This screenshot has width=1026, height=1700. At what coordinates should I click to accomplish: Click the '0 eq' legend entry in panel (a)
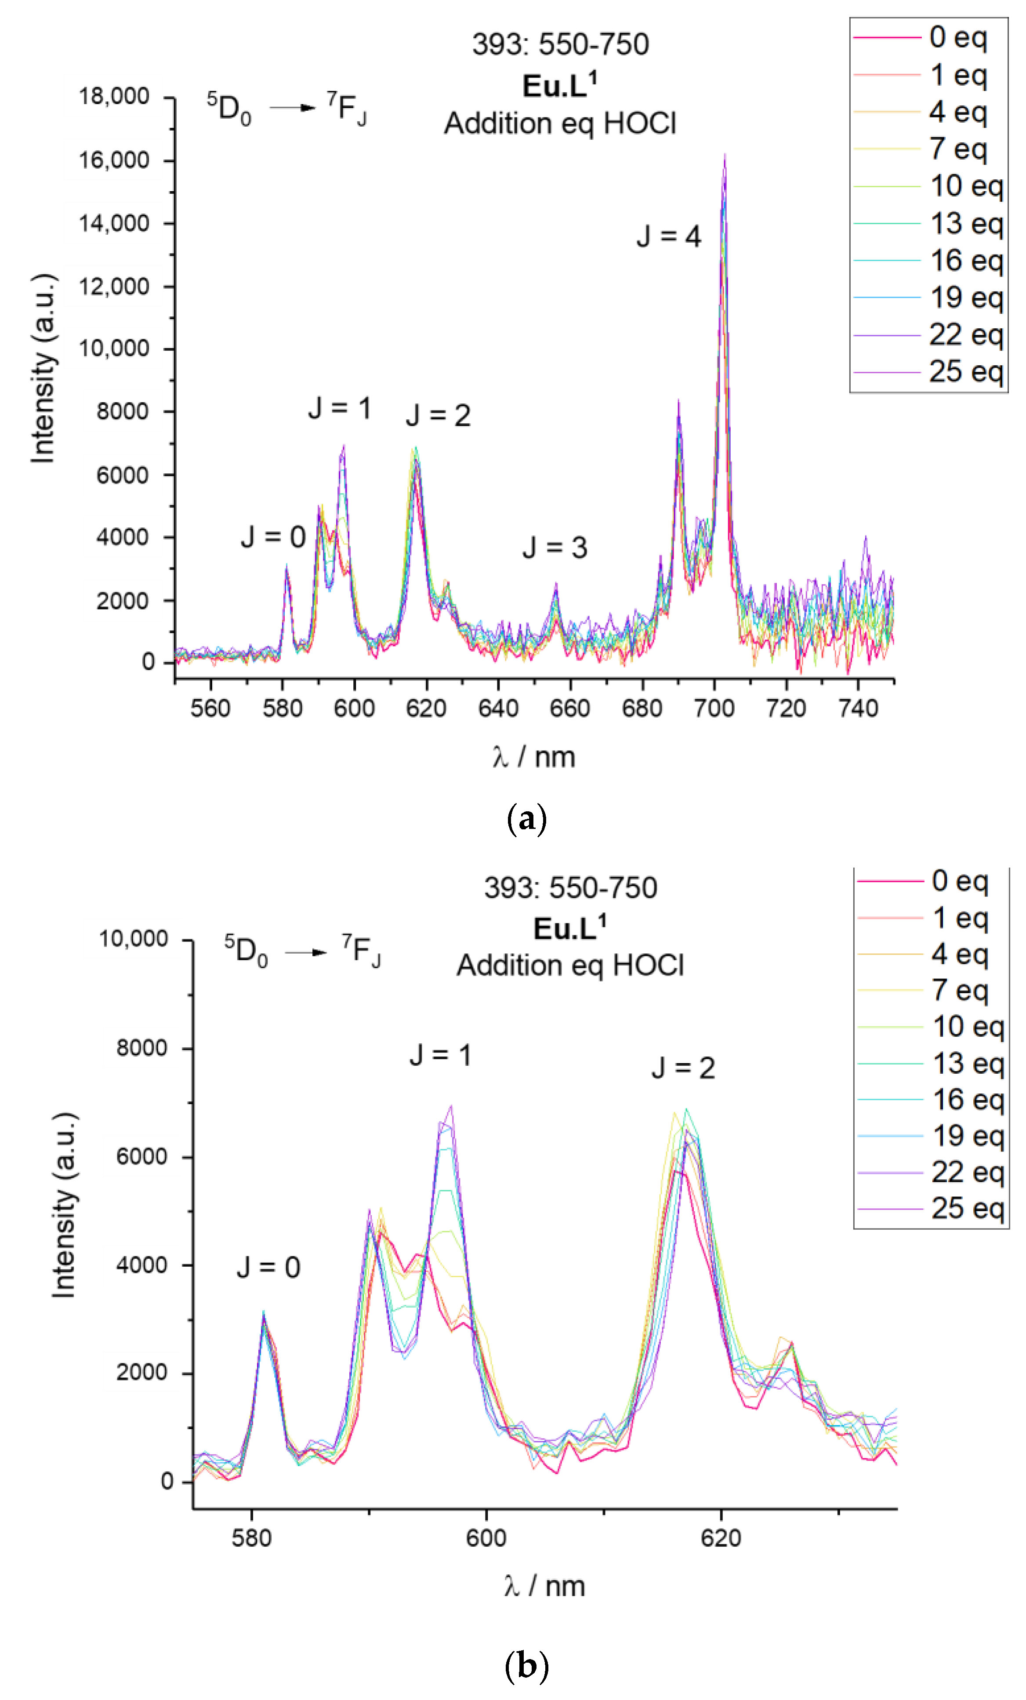coord(958,37)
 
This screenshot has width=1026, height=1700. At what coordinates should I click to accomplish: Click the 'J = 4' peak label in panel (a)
coord(668,236)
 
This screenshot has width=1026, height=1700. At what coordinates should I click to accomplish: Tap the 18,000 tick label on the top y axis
coord(114,97)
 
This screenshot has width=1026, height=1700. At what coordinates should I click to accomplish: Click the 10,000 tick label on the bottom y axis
coord(133,939)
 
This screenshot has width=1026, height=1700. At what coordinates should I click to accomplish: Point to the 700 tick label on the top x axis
coord(714,708)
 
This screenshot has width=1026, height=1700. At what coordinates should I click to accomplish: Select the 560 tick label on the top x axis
coord(210,708)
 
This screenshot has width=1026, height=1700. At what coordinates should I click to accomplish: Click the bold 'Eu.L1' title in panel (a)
coord(559,86)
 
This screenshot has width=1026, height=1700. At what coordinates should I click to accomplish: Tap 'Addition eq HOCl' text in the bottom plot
coord(570,965)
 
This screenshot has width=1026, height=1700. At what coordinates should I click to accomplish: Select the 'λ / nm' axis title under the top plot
coord(533,757)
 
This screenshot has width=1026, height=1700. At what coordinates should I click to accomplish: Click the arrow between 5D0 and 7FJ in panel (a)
coord(292,108)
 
